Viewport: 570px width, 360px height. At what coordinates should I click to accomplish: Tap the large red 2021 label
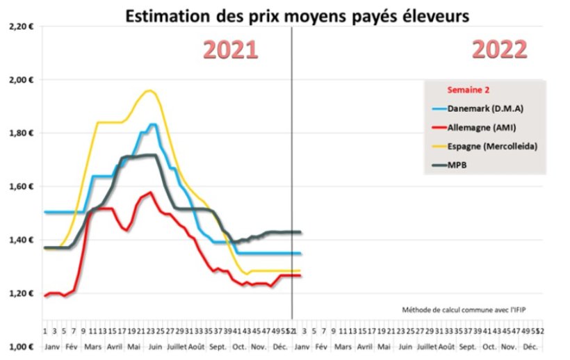[230, 50]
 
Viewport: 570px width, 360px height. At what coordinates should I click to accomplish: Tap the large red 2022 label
[499, 50]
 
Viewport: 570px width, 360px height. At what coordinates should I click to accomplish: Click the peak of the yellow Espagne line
[149, 90]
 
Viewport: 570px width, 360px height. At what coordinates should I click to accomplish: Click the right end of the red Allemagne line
[300, 276]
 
